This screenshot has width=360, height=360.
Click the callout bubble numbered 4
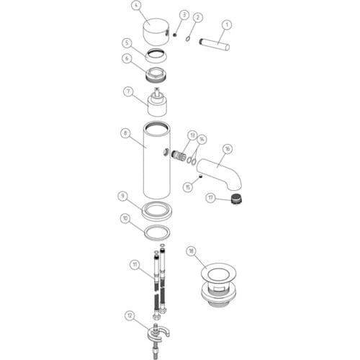136,6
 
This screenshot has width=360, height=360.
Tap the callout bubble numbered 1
227,25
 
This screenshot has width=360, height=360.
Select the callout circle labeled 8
125,133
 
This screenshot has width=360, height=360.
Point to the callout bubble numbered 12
130,316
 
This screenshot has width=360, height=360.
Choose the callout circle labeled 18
192,251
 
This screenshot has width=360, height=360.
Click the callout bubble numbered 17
211,198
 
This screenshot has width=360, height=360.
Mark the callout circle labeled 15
188,186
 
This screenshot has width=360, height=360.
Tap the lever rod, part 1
215,42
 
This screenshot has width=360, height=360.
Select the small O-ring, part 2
188,38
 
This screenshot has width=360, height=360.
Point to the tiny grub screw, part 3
175,35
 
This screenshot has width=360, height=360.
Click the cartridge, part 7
156,102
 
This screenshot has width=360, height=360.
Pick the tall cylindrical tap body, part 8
157,161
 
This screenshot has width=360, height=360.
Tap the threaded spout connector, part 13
179,156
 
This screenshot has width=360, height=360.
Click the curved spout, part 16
220,174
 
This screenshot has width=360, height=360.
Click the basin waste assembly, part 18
218,287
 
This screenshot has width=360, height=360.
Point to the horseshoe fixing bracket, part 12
158,333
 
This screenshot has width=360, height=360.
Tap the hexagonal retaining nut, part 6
156,75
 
